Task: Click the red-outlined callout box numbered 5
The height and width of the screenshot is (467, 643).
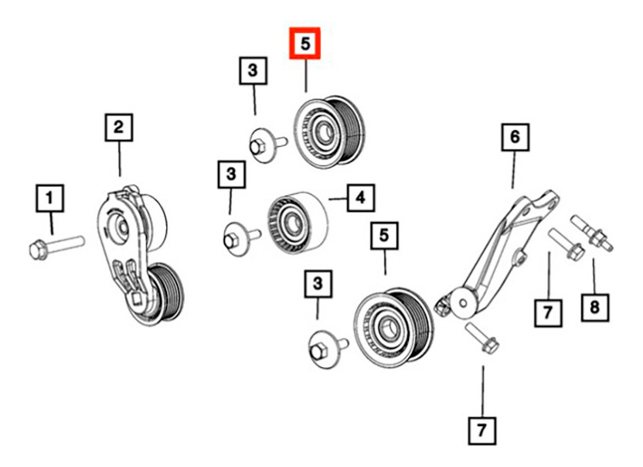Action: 304,43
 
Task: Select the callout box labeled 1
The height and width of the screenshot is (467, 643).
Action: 49,198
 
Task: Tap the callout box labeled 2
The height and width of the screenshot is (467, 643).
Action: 118,128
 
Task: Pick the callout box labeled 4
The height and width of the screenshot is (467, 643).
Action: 360,198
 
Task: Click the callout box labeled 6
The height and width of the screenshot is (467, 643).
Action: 515,137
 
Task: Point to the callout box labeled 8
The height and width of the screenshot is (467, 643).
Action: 594,307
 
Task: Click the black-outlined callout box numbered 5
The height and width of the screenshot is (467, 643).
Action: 384,236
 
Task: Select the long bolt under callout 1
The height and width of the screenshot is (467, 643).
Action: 57,247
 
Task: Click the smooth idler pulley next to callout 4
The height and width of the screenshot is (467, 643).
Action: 298,223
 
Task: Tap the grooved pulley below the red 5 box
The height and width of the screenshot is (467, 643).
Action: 328,132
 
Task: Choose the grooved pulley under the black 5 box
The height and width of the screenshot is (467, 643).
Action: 393,328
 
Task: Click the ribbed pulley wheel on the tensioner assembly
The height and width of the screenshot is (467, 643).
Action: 167,292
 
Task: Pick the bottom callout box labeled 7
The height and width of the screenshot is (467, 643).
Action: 481,431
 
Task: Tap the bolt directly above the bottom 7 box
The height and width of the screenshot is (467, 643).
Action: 483,338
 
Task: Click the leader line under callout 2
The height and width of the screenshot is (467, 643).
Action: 119,159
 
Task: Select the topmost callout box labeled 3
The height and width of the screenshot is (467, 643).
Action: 253,70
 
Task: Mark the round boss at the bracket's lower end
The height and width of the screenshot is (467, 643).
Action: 463,303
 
